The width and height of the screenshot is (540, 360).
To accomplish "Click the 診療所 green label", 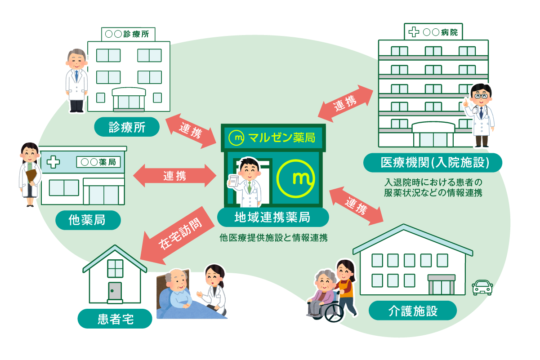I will (x=127, y=127).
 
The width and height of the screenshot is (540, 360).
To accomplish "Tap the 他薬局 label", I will (x=89, y=220).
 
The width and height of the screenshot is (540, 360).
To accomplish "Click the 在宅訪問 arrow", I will (x=174, y=233).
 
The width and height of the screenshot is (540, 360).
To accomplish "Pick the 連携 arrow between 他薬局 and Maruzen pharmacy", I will (x=175, y=175).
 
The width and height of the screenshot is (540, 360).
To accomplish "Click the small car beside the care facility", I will (x=482, y=287).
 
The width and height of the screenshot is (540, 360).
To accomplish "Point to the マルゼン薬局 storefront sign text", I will (x=273, y=138).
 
